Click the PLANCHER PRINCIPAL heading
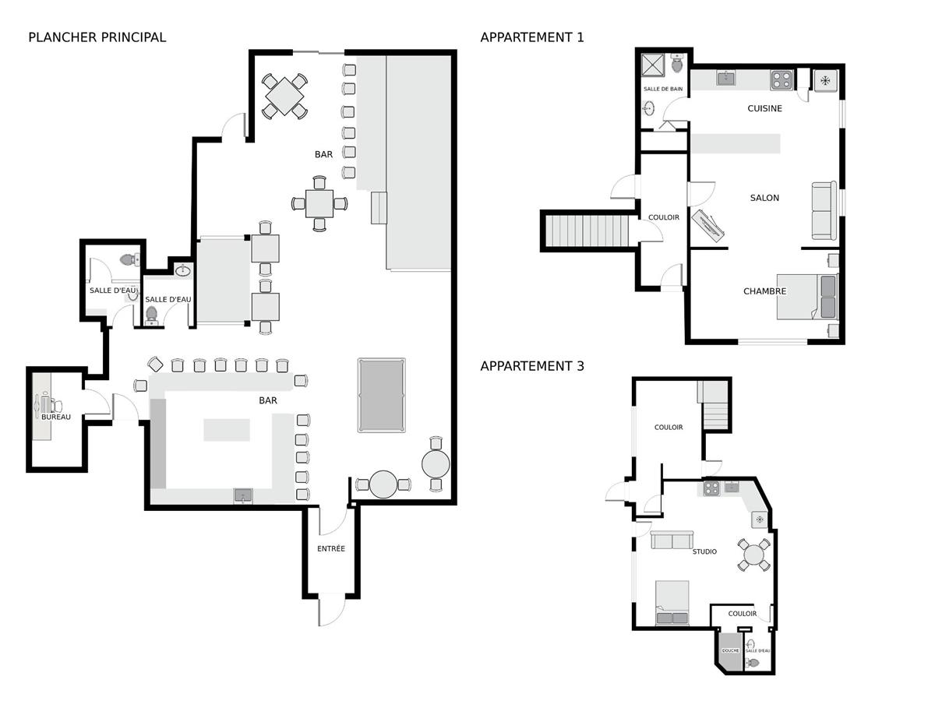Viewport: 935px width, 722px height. (x=97, y=37)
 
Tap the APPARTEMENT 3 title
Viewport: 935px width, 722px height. (x=532, y=366)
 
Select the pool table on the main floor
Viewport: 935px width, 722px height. (x=381, y=395)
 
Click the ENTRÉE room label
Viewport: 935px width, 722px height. (x=331, y=548)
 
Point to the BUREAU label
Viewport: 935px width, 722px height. (x=56, y=417)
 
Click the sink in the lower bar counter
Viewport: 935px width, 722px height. (x=243, y=495)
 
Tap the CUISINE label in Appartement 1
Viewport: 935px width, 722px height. (x=764, y=108)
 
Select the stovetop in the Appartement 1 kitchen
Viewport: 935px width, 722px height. (x=782, y=80)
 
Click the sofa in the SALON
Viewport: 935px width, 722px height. (x=824, y=210)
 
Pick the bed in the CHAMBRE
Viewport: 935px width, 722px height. (x=807, y=297)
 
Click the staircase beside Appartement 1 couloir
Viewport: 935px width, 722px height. (x=587, y=231)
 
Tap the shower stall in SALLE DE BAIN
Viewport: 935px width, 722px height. (x=653, y=65)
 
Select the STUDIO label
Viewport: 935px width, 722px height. (x=704, y=551)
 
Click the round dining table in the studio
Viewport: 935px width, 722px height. (x=754, y=555)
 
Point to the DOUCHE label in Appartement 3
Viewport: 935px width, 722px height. (x=730, y=650)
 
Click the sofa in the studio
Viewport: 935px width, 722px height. (x=672, y=540)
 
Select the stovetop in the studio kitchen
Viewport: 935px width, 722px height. (x=711, y=488)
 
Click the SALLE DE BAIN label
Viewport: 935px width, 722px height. (x=663, y=89)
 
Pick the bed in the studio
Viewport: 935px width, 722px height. (x=672, y=603)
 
